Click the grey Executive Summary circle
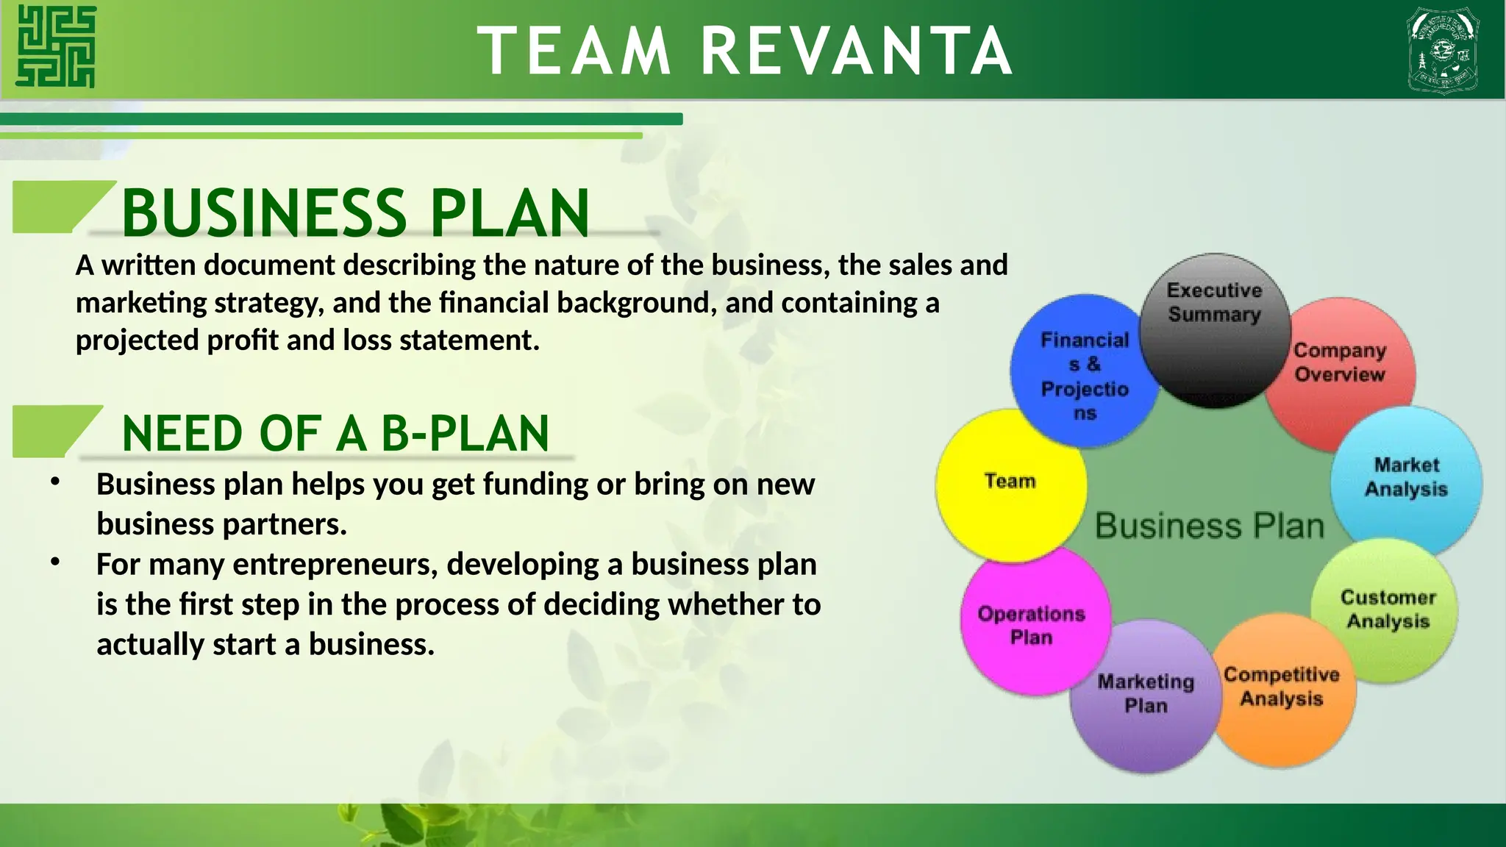(1215, 331)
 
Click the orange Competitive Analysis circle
(1282, 691)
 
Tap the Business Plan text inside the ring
(1209, 526)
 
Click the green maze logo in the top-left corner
(56, 46)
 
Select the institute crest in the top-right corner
(1442, 50)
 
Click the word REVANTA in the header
(856, 51)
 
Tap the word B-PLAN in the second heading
(465, 434)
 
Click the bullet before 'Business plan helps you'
(55, 482)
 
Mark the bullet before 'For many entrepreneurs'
(55, 562)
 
